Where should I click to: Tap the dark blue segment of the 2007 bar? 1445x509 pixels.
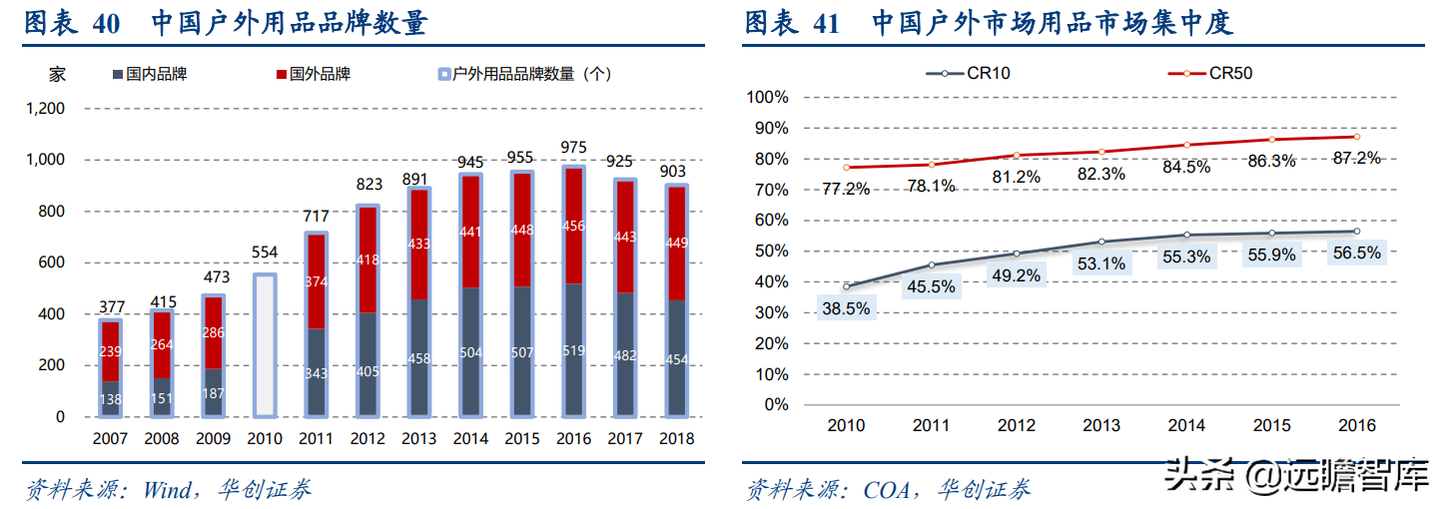pyautogui.click(x=110, y=398)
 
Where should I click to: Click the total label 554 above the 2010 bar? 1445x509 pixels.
pyautogui.click(x=264, y=254)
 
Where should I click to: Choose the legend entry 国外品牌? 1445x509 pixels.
pyautogui.click(x=314, y=74)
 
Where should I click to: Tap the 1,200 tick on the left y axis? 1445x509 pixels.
pyautogui.click(x=46, y=108)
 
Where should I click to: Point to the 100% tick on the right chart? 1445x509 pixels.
pyautogui.click(x=767, y=97)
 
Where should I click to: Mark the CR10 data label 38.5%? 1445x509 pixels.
pyautogui.click(x=845, y=309)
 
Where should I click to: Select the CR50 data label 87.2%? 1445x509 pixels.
pyautogui.click(x=1355, y=158)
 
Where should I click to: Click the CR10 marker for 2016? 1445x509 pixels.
pyautogui.click(x=1356, y=232)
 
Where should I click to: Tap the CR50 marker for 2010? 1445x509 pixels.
pyautogui.click(x=846, y=167)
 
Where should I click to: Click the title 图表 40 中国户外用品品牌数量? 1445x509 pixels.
pyautogui.click(x=226, y=23)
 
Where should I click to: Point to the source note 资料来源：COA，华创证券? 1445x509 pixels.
pyautogui.click(x=889, y=489)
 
